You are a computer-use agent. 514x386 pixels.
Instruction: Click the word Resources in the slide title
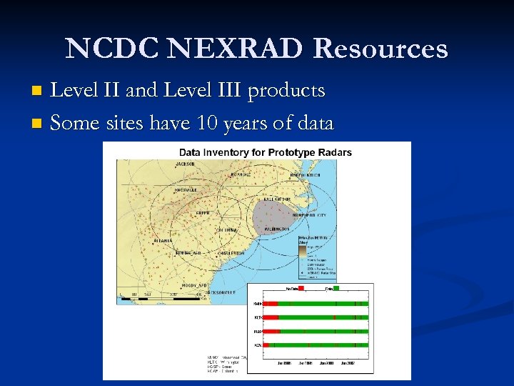click(381, 49)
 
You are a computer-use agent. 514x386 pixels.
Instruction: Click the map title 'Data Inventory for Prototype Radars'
click(265, 152)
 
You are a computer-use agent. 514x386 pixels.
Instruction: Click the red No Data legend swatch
click(301, 288)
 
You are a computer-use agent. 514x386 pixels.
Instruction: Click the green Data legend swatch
click(337, 288)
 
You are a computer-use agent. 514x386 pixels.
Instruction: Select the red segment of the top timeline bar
click(271, 304)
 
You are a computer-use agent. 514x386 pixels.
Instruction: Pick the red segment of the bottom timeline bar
click(266, 345)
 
